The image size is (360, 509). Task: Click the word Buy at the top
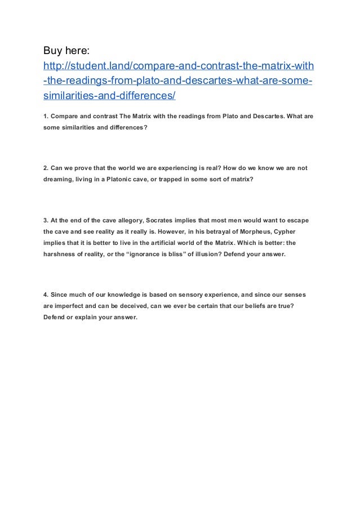(x=54, y=52)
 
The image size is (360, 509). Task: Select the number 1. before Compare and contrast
(x=46, y=117)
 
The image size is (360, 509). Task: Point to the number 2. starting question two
(x=46, y=168)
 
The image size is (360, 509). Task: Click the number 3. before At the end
(x=46, y=219)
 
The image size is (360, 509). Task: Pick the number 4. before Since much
(x=46, y=296)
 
